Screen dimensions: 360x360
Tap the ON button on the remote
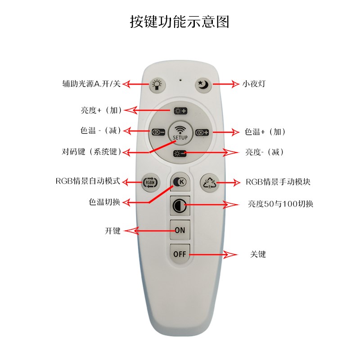pyautogui.click(x=180, y=230)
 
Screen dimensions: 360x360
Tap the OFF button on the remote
pyautogui.click(x=180, y=254)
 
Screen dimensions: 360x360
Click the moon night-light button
pyautogui.click(x=203, y=84)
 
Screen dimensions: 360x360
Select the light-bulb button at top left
pyautogui.click(x=156, y=84)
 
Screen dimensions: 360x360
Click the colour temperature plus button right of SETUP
pyautogui.click(x=202, y=132)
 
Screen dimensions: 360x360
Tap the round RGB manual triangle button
pyautogui.click(x=209, y=182)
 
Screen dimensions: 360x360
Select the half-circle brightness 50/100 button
pyautogui.click(x=180, y=206)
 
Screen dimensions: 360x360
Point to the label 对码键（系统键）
pyautogui.click(x=92, y=152)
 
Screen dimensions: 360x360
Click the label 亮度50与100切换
pyautogui.click(x=280, y=204)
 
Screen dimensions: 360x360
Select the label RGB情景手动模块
pyautogui.click(x=278, y=182)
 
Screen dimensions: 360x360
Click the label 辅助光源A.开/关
pyautogui.click(x=91, y=84)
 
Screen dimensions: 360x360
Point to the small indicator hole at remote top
pyautogui.click(x=180, y=81)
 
